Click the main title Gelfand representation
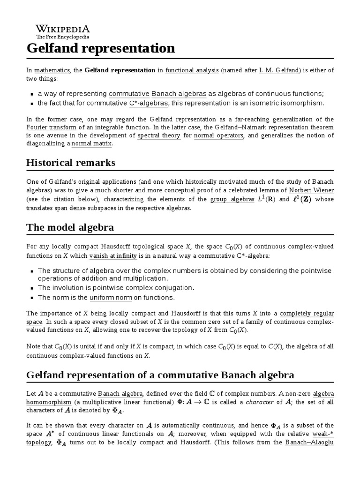[101, 48]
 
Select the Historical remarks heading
[71, 163]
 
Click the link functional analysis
[192, 70]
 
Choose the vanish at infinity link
[113, 255]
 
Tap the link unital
[88, 347]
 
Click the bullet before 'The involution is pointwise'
[32, 288]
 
